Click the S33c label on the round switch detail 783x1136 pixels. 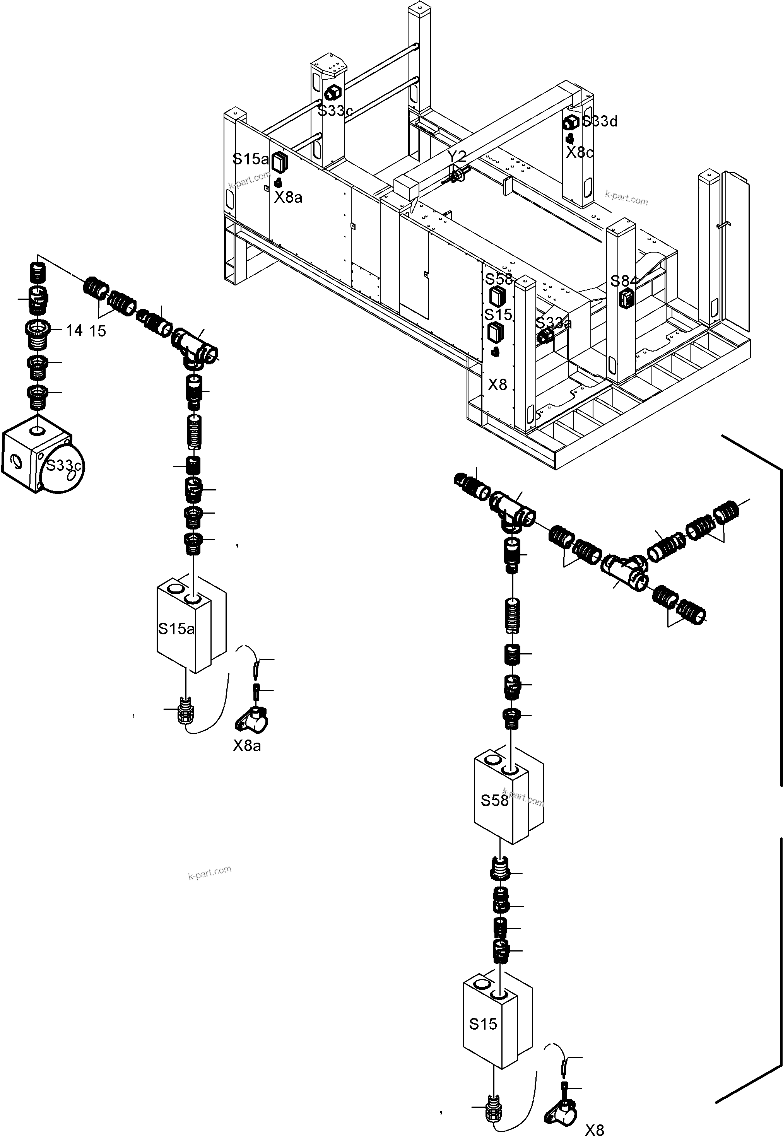(63, 465)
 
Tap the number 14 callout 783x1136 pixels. (74, 331)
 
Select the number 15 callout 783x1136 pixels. (97, 331)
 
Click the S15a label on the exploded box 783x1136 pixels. (176, 629)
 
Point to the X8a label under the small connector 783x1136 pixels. (247, 746)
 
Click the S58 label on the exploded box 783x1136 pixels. (494, 801)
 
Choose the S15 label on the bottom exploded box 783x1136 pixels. (483, 1024)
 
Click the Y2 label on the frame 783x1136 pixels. (457, 157)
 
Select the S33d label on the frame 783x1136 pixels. (600, 121)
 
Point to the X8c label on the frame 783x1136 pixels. (580, 152)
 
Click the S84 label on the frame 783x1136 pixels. (624, 281)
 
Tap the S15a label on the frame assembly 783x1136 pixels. (250, 159)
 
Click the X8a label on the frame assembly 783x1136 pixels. (288, 197)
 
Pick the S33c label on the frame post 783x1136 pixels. (335, 111)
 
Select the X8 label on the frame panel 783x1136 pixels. (497, 384)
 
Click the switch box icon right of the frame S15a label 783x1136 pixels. (280, 161)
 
